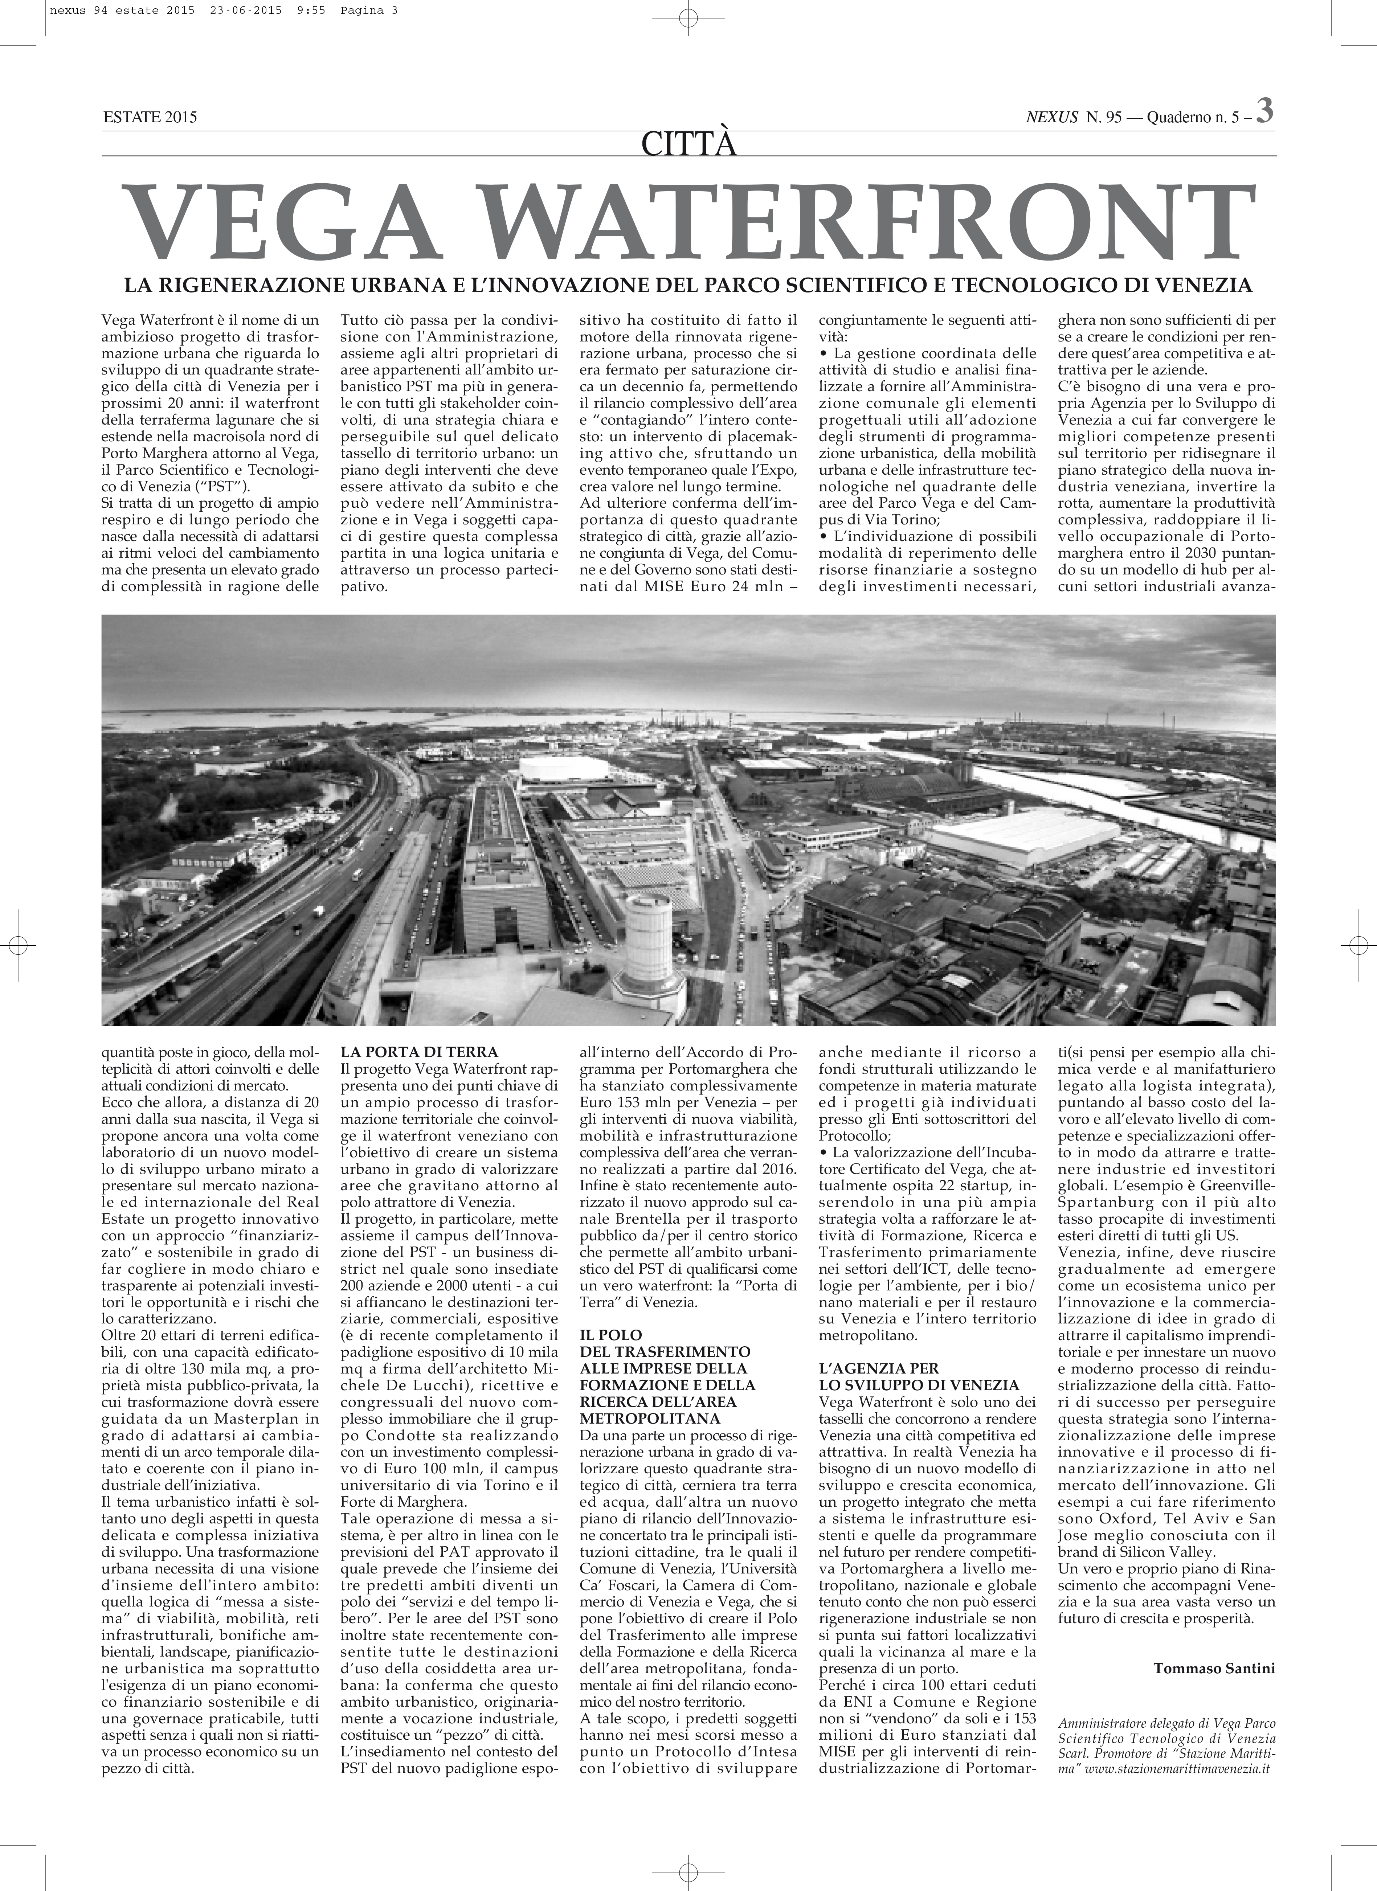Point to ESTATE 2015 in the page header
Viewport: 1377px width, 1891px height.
coord(150,118)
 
